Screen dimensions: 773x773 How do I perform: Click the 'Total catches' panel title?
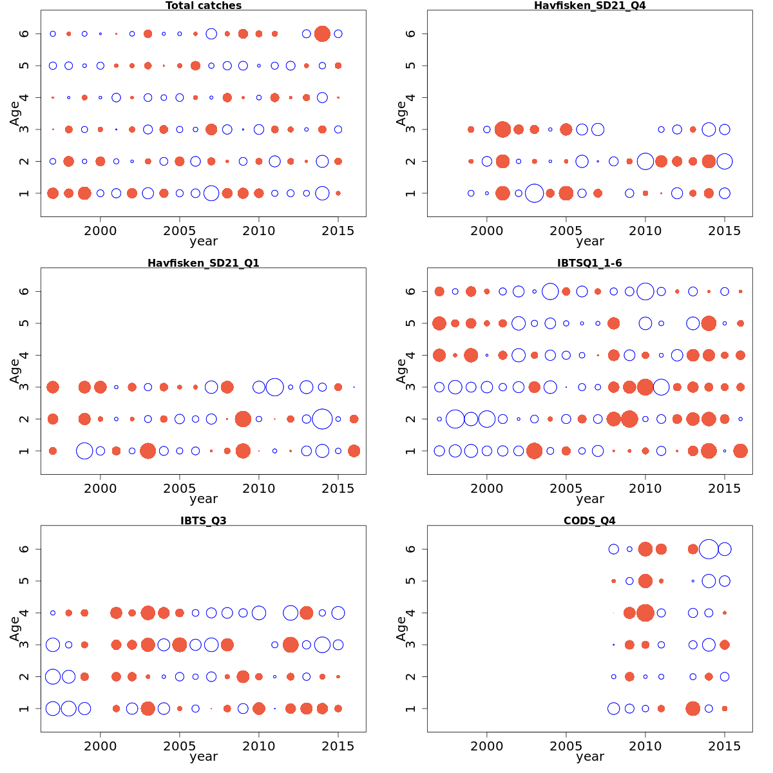click(204, 6)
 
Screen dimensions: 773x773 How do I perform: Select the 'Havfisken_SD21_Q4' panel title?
click(590, 6)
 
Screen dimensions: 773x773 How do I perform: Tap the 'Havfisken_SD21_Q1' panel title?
click(204, 263)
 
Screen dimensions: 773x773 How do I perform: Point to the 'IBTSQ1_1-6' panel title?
click(590, 263)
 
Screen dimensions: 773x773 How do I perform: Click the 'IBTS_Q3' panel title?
click(204, 520)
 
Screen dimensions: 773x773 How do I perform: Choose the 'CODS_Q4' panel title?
click(590, 520)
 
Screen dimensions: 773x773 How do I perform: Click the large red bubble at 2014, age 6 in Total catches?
click(322, 33)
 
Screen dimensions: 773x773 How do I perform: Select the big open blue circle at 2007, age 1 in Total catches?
click(211, 193)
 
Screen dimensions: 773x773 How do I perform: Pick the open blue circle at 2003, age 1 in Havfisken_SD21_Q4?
click(534, 193)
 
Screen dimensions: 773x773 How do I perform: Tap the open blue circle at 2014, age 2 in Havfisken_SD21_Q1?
click(322, 419)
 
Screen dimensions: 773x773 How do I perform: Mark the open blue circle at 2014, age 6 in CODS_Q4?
click(709, 549)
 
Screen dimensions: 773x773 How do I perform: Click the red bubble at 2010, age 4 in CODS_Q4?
click(645, 613)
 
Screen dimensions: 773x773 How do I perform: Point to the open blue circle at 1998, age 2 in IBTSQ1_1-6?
click(455, 419)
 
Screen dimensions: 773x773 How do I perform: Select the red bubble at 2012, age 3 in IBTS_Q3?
click(291, 645)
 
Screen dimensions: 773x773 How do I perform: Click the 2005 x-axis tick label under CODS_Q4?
click(566, 746)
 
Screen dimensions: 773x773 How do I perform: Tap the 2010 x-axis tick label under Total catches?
click(259, 231)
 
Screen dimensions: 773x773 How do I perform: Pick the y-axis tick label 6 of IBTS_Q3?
click(25, 549)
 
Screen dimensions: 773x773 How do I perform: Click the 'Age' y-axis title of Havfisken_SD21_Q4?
click(401, 113)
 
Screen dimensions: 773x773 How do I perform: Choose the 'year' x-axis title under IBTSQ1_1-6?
click(590, 499)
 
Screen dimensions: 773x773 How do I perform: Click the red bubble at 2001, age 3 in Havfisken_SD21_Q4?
click(502, 129)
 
